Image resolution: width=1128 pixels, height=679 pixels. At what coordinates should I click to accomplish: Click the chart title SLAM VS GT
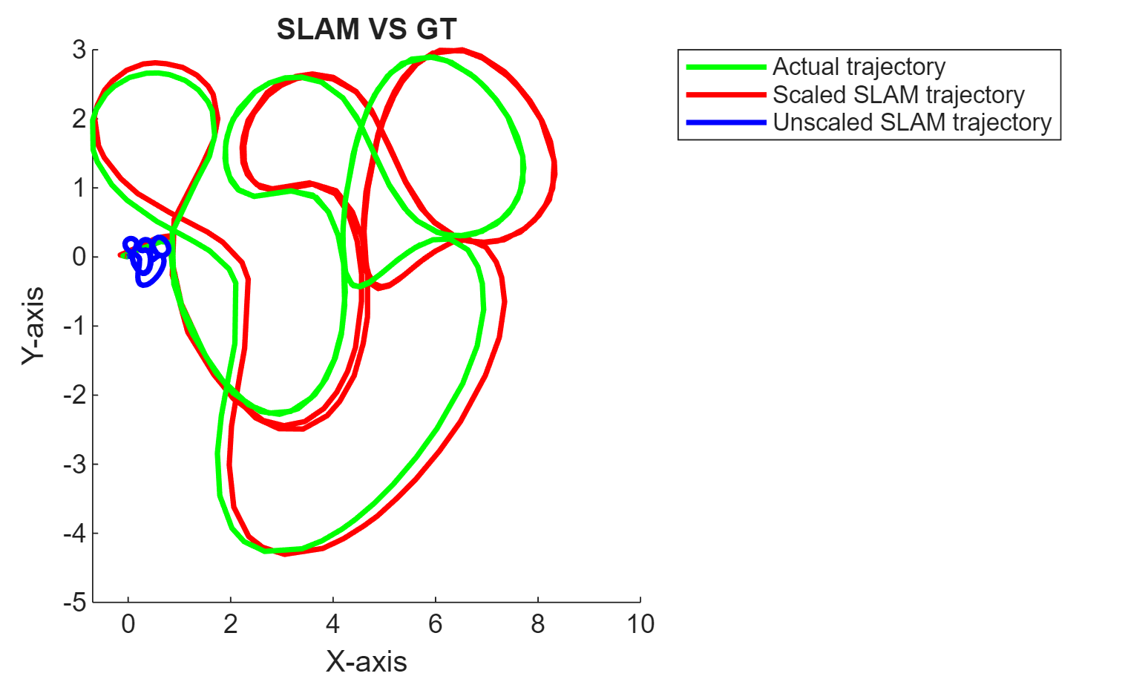[x=367, y=30]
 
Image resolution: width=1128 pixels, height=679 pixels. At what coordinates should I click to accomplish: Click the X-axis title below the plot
[x=367, y=660]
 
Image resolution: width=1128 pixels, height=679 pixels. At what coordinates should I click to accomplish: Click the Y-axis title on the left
[x=33, y=326]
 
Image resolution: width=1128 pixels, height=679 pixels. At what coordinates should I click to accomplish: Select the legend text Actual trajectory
[x=859, y=67]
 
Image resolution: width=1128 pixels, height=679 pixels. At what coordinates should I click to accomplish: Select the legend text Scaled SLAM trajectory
[x=898, y=95]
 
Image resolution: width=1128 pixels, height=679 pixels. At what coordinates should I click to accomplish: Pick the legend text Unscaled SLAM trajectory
[x=912, y=122]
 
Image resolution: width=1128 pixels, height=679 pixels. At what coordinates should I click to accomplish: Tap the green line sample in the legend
[x=726, y=67]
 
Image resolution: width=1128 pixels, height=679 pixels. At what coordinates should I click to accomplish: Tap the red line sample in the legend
[x=726, y=95]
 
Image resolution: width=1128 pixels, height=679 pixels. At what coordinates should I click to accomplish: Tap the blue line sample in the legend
[x=726, y=122]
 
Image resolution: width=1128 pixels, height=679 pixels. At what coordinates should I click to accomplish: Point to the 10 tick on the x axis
[x=640, y=624]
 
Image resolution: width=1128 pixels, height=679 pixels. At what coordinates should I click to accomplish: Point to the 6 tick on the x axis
[x=436, y=624]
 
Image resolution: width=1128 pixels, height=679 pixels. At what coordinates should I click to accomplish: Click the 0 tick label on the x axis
[x=128, y=624]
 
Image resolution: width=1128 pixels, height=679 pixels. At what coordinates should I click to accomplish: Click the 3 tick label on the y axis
[x=79, y=50]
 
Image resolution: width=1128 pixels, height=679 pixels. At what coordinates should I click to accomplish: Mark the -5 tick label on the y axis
[x=74, y=602]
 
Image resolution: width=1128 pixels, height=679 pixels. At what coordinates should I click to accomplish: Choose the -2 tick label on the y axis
[x=74, y=395]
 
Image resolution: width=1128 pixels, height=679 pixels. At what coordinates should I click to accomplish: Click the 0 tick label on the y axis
[x=79, y=257]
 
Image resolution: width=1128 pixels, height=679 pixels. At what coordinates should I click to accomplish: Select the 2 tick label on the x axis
[x=231, y=624]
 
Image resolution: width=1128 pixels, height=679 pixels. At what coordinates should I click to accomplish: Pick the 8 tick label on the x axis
[x=538, y=624]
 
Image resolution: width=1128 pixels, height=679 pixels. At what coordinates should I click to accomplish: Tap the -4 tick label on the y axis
[x=74, y=533]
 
